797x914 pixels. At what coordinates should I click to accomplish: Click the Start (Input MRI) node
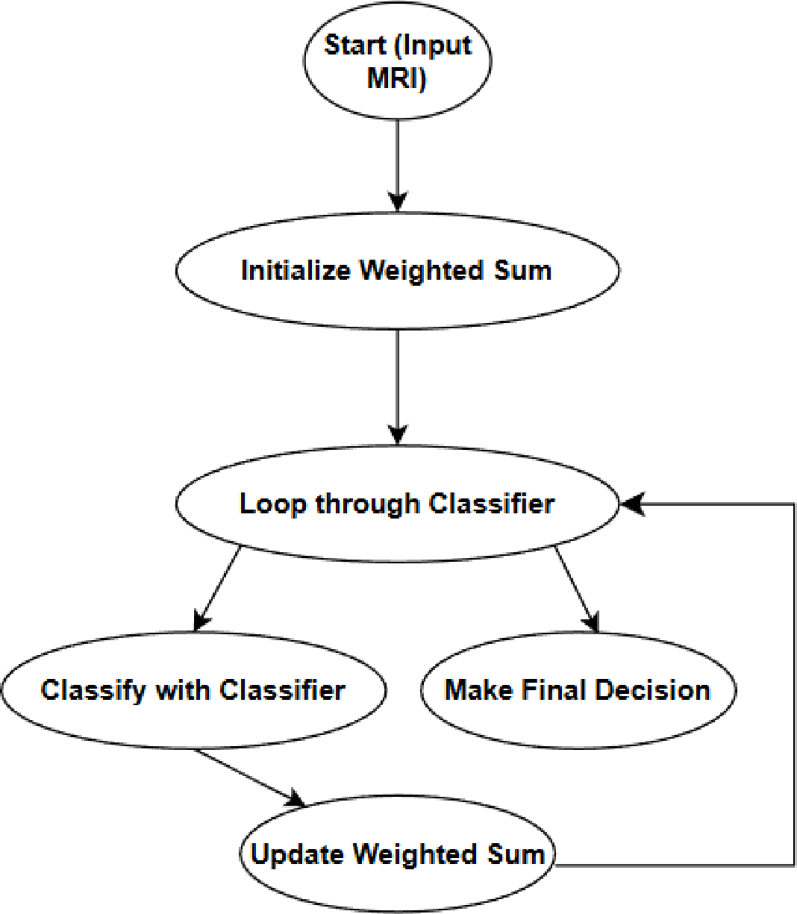click(x=397, y=61)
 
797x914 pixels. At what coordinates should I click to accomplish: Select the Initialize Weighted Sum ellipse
click(x=397, y=270)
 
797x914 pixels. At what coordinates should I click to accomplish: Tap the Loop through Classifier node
click(x=397, y=504)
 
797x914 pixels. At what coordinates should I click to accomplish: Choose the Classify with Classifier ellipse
click(x=193, y=689)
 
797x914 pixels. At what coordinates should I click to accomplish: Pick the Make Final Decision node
click(x=578, y=689)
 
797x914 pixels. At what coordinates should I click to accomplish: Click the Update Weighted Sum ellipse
click(x=397, y=854)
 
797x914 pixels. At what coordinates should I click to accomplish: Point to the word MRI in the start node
click(x=397, y=78)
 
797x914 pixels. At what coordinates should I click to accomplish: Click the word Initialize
click(x=296, y=270)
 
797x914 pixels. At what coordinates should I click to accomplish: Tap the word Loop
click(x=272, y=504)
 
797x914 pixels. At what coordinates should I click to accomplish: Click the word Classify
click(x=93, y=690)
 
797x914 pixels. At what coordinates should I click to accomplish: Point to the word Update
click(x=297, y=855)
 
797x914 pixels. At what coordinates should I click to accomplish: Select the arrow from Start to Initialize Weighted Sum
click(x=397, y=164)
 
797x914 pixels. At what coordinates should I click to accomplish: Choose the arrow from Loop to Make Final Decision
click(x=576, y=589)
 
